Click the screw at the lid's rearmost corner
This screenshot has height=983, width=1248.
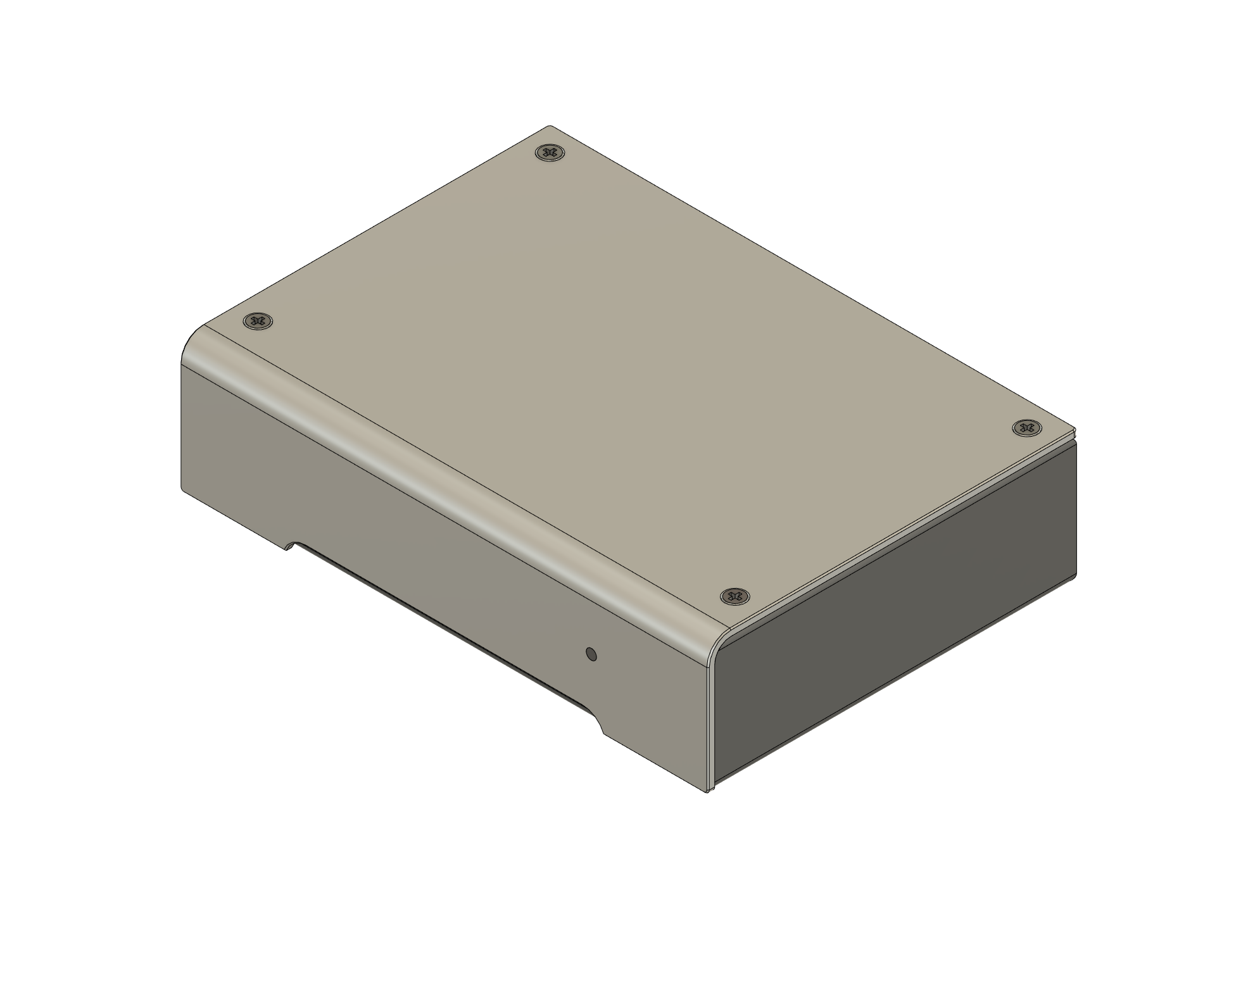coord(550,153)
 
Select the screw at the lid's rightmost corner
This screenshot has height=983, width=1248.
coord(1026,428)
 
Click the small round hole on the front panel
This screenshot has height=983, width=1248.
coord(591,654)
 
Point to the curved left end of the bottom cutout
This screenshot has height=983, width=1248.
coord(293,545)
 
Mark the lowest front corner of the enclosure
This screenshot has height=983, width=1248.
coord(707,791)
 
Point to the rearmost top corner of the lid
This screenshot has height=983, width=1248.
coord(550,127)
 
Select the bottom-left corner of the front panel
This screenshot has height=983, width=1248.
coord(184,489)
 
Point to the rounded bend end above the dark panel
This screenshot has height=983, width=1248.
coord(719,646)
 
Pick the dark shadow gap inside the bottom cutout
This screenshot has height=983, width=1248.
coord(443,627)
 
